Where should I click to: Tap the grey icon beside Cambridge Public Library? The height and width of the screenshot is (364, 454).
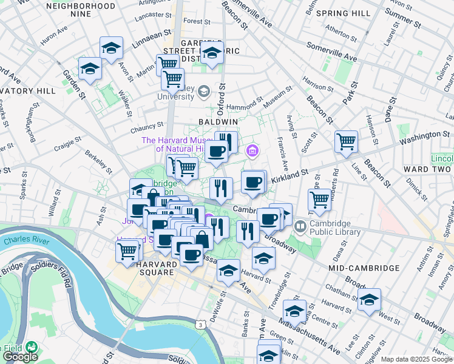(x=300, y=227)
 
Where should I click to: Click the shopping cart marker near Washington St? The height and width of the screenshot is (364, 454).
(x=346, y=142)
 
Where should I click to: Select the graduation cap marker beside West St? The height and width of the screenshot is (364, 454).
(x=369, y=300)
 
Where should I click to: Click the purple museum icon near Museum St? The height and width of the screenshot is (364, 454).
(x=253, y=150)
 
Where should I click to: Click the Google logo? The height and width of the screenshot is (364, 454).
(x=20, y=357)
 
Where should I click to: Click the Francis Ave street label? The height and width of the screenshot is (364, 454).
(x=283, y=155)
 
